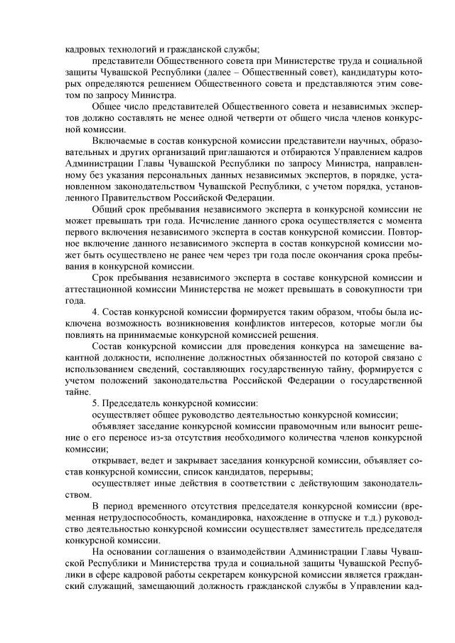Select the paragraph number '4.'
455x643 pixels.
pos(97,314)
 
